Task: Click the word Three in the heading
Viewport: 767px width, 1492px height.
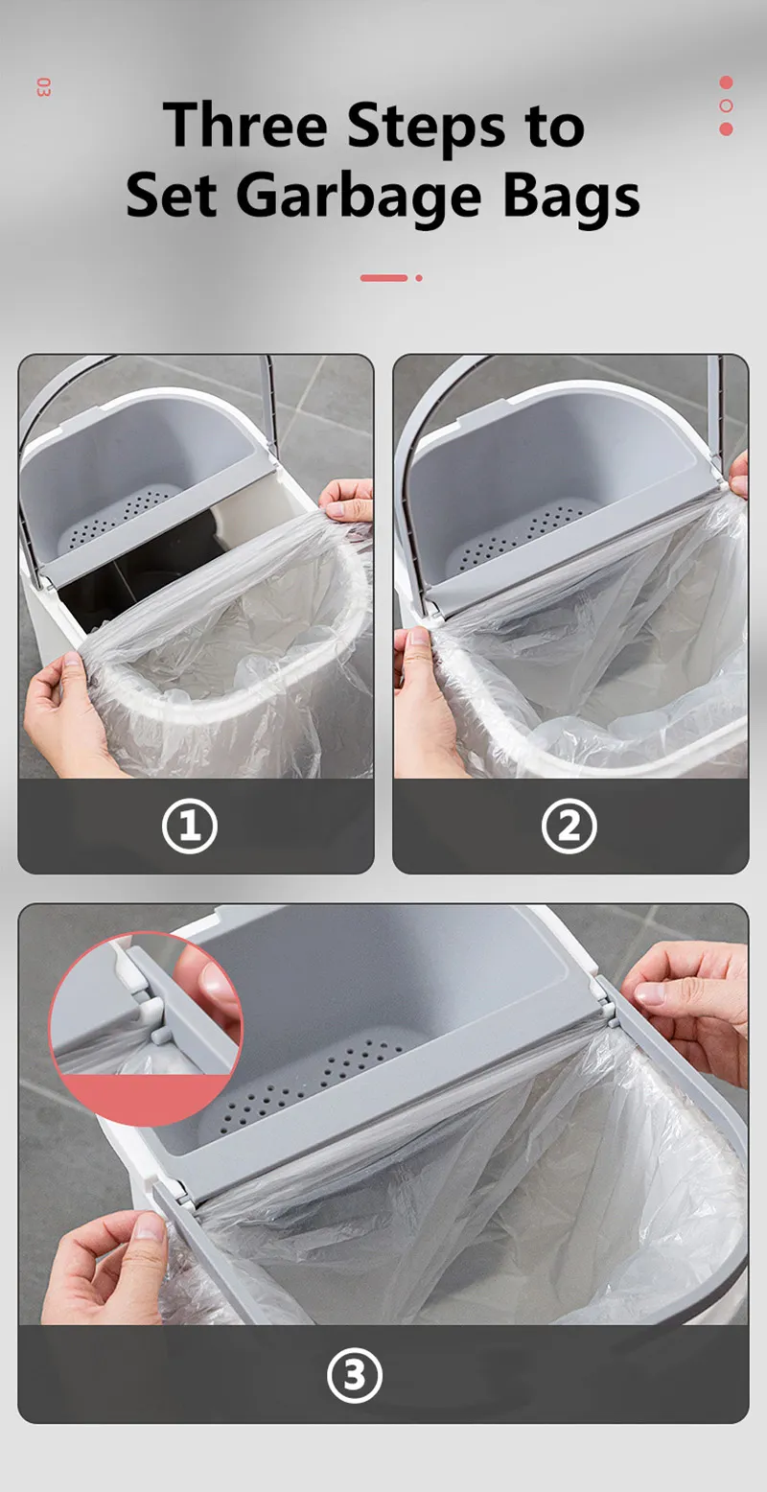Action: pyautogui.click(x=245, y=125)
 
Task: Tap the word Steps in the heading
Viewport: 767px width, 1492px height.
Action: pyautogui.click(x=426, y=129)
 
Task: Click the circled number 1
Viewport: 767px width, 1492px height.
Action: pyautogui.click(x=190, y=826)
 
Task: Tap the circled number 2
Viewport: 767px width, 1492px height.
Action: pyautogui.click(x=569, y=826)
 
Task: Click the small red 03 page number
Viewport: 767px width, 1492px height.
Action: pyautogui.click(x=43, y=87)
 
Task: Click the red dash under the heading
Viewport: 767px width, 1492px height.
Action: pyautogui.click(x=384, y=278)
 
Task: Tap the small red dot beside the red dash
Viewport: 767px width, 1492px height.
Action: pyautogui.click(x=419, y=278)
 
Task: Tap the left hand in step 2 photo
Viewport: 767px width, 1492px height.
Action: pyautogui.click(x=426, y=706)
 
